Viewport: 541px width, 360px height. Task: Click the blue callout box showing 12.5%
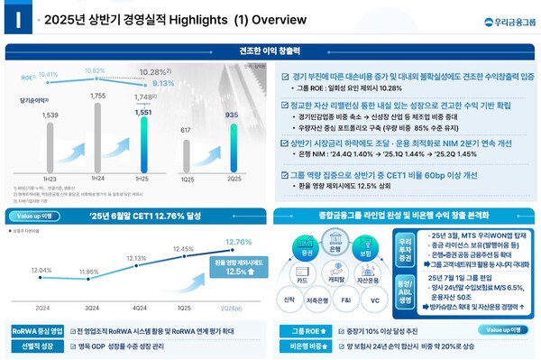(234, 266)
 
